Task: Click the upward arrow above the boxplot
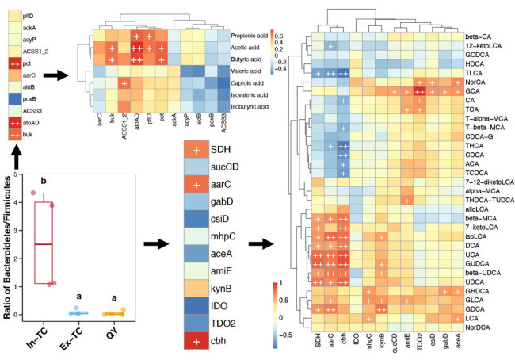pyautogui.click(x=16, y=159)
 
